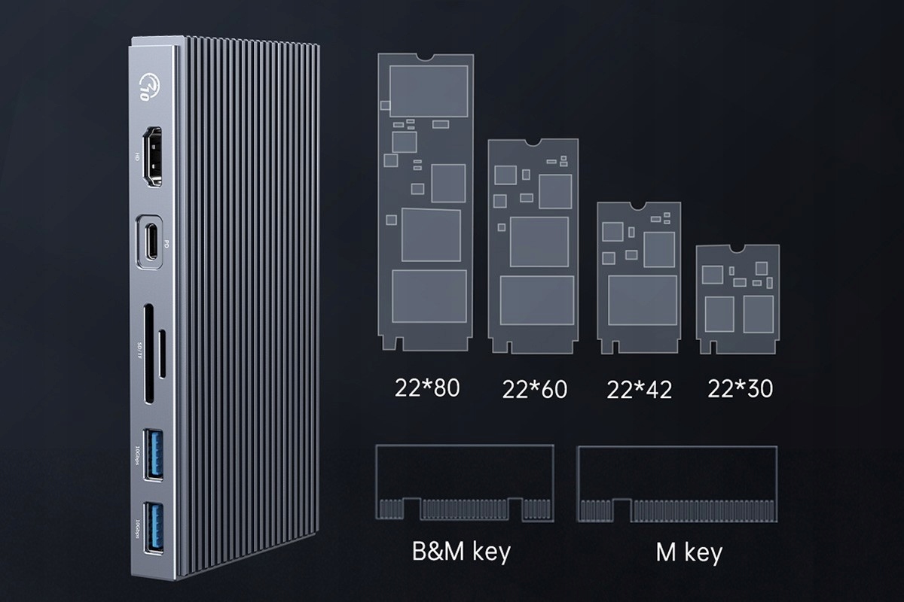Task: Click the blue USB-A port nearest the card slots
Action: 151,452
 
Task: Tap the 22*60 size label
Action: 534,389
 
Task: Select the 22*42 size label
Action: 640,390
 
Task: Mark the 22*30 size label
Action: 741,388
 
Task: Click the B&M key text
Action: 461,552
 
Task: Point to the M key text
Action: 689,553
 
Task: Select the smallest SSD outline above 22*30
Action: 738,299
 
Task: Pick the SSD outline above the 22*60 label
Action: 533,245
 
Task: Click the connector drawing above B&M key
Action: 464,483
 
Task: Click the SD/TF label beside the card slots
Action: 138,350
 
